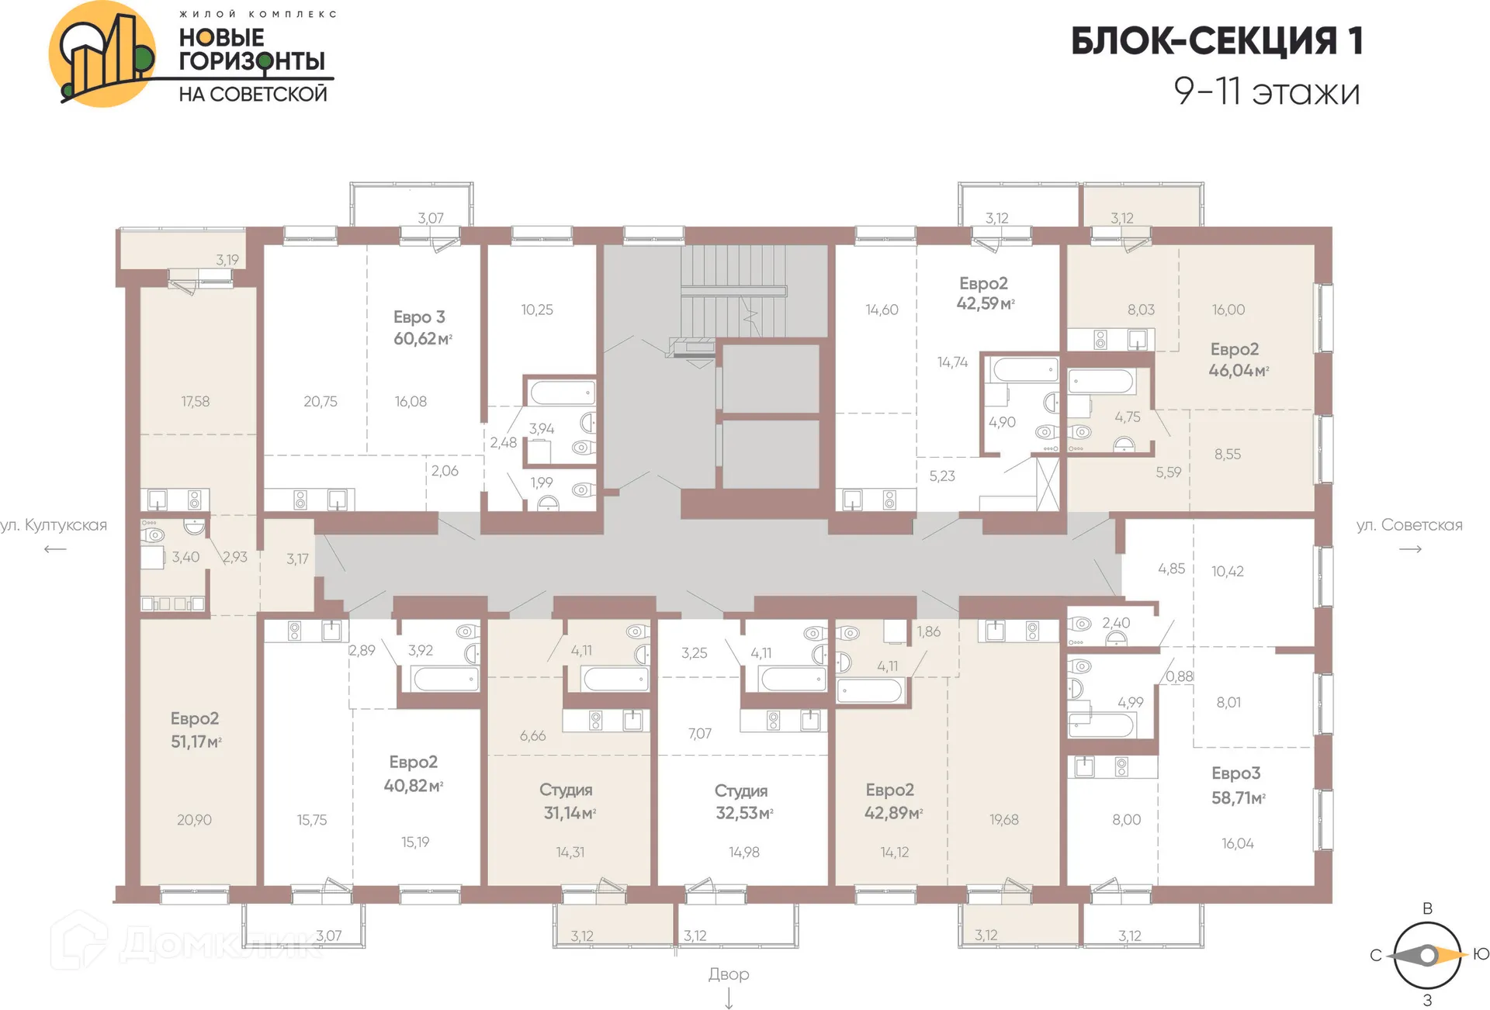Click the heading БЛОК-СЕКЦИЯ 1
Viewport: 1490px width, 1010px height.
coord(1216,41)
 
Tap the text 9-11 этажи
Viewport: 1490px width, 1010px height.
coord(1266,92)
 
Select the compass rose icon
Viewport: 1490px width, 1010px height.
coord(1426,956)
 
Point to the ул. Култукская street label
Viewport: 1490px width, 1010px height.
coord(54,525)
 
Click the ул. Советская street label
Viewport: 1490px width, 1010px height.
coord(1409,525)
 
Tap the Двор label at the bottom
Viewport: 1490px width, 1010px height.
coord(728,974)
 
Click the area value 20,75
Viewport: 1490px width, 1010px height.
coord(320,401)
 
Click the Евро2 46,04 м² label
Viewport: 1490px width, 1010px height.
coord(1237,360)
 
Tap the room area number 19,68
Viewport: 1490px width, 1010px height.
coord(1003,819)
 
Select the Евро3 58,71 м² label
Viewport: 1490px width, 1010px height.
coord(1238,785)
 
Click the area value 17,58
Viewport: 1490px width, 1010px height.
coord(195,401)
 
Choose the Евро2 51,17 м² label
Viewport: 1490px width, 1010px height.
coord(196,730)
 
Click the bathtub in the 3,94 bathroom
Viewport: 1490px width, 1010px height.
coord(561,393)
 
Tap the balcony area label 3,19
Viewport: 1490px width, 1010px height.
coord(227,260)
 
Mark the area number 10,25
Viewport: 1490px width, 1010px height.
coord(536,310)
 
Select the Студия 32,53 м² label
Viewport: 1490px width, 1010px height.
coord(743,802)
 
